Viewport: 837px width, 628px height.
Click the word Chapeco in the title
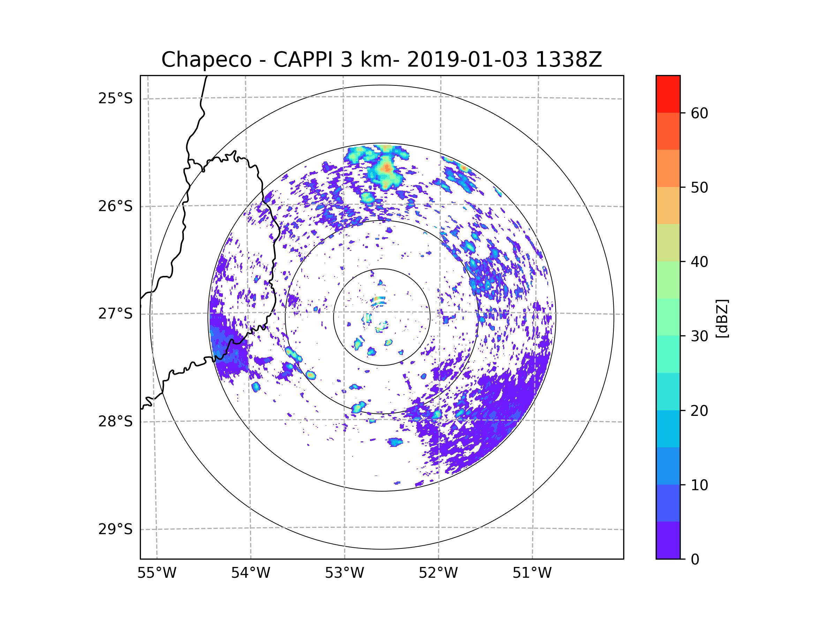coord(206,60)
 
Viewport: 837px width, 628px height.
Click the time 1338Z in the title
coord(568,60)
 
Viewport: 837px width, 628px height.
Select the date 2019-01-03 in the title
coord(467,60)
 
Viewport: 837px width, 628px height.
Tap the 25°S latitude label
coord(115,98)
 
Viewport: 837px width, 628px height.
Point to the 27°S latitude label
coord(115,313)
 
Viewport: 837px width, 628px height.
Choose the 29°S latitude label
coord(115,529)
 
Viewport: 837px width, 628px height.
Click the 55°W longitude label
coord(157,573)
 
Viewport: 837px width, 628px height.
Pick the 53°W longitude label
coord(344,573)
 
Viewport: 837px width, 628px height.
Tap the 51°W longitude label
coord(532,573)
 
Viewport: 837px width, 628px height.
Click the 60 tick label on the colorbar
coord(699,113)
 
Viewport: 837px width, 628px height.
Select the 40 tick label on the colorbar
coord(699,262)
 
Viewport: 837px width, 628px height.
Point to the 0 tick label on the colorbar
coord(695,559)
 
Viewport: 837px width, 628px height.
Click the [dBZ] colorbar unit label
coord(722,318)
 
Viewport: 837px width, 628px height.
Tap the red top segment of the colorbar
coord(668,94)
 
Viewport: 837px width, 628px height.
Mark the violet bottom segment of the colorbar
coord(668,540)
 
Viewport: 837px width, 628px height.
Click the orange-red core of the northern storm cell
coord(386,168)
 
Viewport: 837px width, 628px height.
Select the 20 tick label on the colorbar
coord(699,410)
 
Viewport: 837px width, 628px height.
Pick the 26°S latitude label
coord(115,206)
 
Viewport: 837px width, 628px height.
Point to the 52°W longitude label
coord(438,573)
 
